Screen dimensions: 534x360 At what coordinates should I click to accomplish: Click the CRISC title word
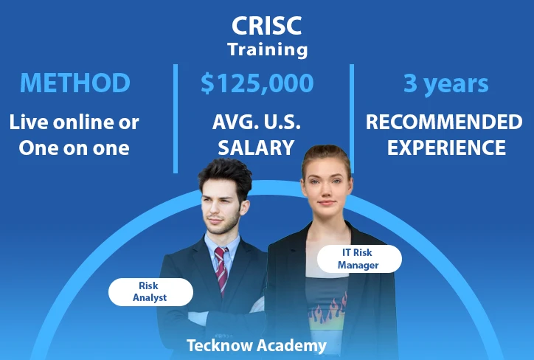tap(267, 26)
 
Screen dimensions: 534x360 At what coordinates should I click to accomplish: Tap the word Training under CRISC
tap(268, 49)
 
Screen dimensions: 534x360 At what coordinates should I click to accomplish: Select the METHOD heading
tap(75, 83)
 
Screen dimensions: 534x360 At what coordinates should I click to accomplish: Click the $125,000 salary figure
tap(257, 83)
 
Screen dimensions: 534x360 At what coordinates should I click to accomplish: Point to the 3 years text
tap(445, 84)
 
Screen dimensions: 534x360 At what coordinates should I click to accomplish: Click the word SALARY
tap(256, 148)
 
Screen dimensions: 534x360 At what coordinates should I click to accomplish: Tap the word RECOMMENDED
tap(444, 122)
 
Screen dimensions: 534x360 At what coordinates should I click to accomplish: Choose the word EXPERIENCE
tap(446, 148)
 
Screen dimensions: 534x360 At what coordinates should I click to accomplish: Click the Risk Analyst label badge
tap(150, 292)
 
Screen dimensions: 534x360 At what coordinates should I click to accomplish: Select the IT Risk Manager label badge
tap(359, 259)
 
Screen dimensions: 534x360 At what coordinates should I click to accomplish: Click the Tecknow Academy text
tap(257, 345)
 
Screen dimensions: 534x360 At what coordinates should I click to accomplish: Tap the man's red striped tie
tap(221, 270)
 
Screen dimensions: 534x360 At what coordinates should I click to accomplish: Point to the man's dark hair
tap(226, 175)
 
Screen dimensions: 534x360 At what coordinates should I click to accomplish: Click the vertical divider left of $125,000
tap(176, 119)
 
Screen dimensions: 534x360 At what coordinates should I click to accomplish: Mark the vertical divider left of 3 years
tap(352, 119)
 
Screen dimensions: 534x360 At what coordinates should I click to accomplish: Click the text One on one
tap(74, 148)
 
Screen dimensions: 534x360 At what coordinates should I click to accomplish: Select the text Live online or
tap(74, 122)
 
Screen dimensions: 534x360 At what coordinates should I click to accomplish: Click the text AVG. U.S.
tap(257, 122)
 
